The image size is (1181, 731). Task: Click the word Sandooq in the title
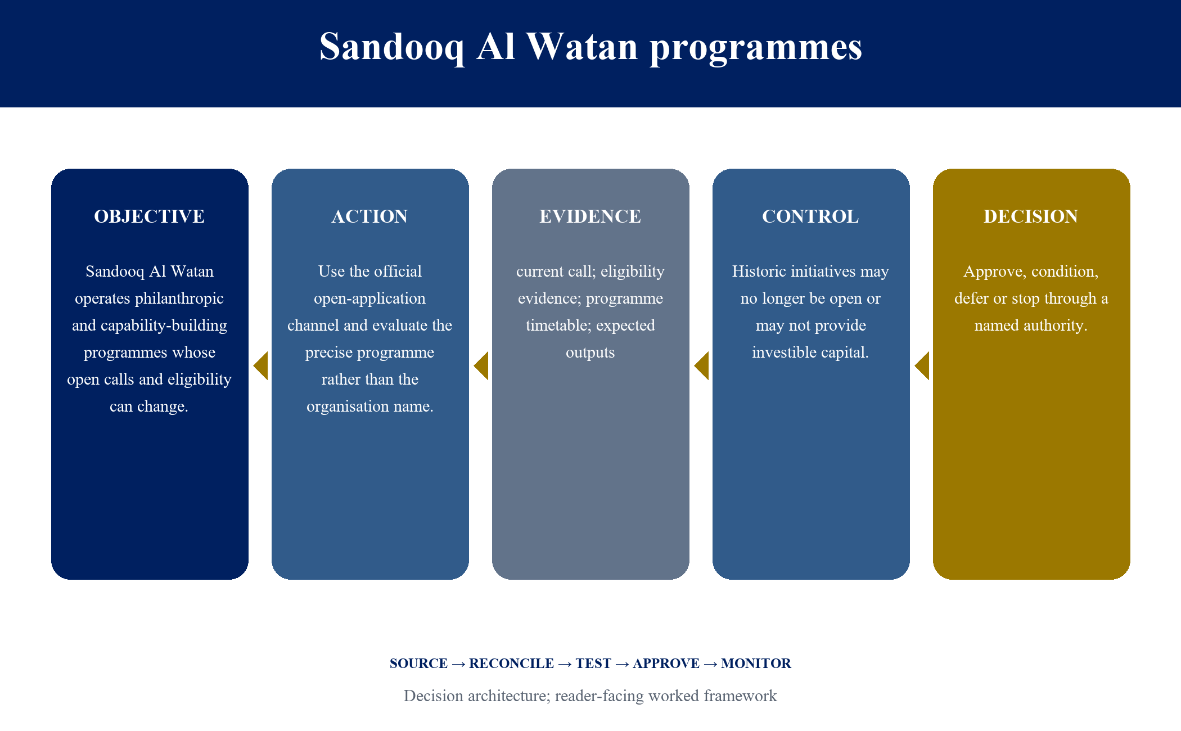[x=392, y=47]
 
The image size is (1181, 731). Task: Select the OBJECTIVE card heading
[x=150, y=216]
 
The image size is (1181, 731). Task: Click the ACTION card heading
[x=370, y=216]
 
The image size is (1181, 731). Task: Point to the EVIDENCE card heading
[x=590, y=216]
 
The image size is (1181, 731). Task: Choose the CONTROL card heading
[x=810, y=216]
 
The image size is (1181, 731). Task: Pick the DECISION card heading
[x=1031, y=216]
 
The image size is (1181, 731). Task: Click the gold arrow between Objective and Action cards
[x=260, y=366]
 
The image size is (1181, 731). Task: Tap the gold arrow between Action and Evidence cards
[x=481, y=366]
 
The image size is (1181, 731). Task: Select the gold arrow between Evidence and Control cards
[x=701, y=366]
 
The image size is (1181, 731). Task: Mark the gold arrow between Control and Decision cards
[x=922, y=366]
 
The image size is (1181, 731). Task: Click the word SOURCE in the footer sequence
[x=419, y=664]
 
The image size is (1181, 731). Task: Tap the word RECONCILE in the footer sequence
[x=511, y=664]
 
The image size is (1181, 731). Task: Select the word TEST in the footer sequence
[x=593, y=664]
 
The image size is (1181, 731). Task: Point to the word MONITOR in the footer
[x=756, y=664]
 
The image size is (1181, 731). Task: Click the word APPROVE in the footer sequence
[x=666, y=664]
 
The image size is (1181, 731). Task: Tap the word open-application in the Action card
[x=369, y=299]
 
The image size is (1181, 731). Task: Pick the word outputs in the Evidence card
[x=590, y=353]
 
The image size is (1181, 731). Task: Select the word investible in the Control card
[x=783, y=353]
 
